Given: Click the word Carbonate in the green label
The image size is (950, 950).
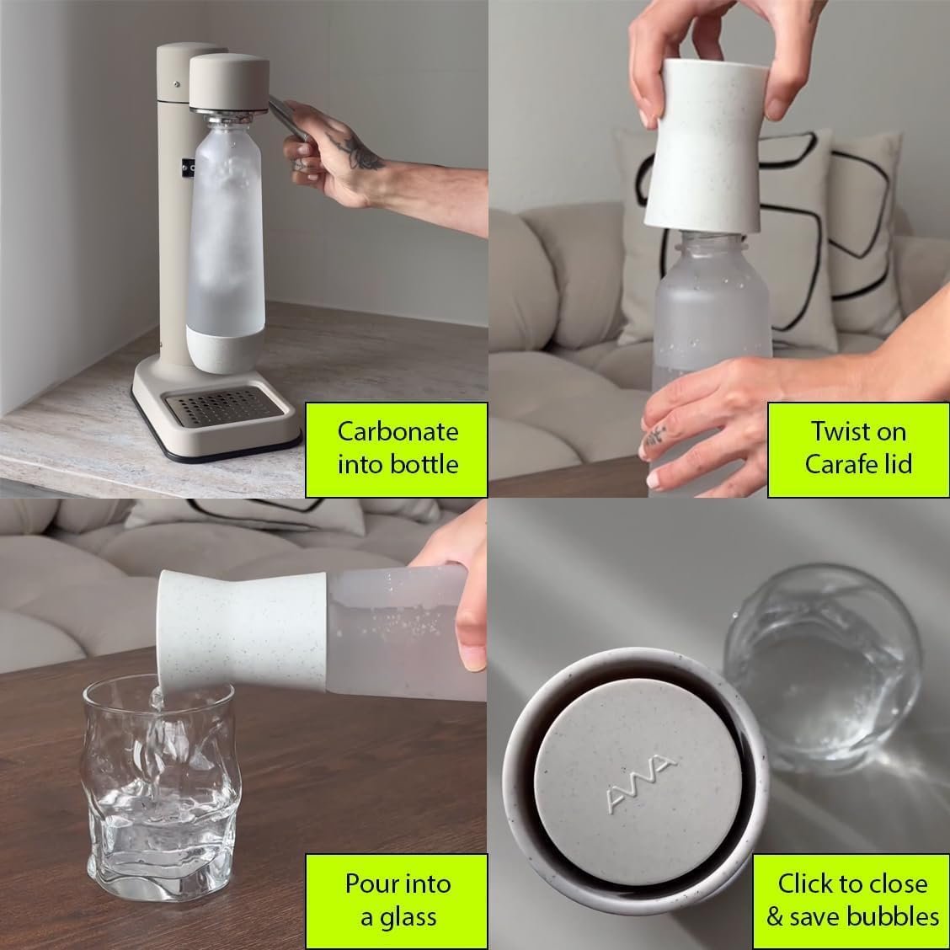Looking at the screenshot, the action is [398, 432].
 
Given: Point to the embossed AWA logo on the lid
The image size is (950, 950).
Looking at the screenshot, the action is [640, 783].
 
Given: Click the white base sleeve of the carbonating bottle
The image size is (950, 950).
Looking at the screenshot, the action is [225, 350].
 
